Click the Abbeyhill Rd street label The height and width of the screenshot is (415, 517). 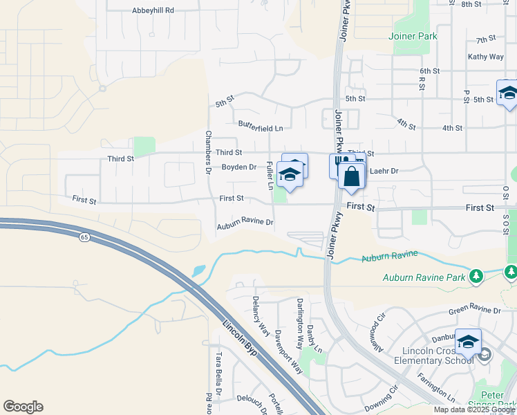coord(153,11)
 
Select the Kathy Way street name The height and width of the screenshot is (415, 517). coord(485,57)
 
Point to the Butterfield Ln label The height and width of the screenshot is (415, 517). coord(261,128)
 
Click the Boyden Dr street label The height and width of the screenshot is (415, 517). coord(238,167)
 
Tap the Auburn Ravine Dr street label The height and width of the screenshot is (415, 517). coord(245,223)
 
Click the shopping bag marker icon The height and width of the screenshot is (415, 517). coord(352,177)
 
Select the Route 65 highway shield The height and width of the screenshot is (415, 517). coord(84,237)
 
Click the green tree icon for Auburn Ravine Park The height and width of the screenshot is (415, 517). coord(476,277)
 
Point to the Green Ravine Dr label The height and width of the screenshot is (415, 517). coord(474,311)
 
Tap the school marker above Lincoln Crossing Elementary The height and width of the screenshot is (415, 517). coord(468,342)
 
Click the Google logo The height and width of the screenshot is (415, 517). coord(23,407)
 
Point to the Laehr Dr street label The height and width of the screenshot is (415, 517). coord(385,171)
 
